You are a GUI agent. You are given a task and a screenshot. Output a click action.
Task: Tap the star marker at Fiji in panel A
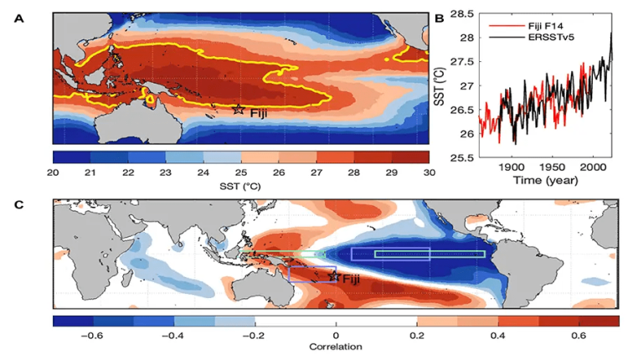point(239,109)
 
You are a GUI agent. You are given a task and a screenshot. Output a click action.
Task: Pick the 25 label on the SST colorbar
point(241,172)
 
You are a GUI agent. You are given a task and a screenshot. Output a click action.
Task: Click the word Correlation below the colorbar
point(335,346)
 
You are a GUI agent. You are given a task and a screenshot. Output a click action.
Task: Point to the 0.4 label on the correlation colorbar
point(499,332)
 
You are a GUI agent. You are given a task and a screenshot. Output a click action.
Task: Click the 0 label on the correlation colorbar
point(336,332)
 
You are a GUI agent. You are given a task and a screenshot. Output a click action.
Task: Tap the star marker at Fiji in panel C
point(334,276)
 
